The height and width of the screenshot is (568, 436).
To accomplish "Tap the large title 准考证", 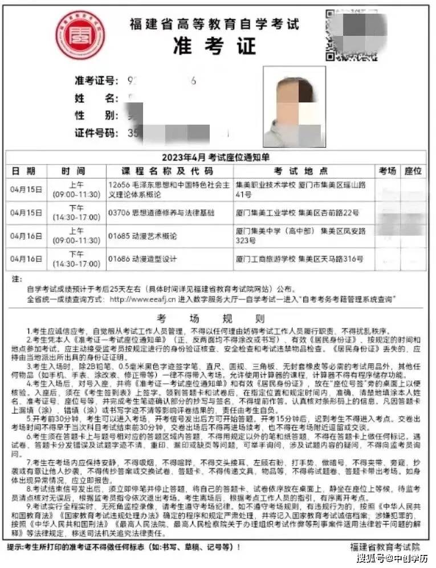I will tap(214, 45).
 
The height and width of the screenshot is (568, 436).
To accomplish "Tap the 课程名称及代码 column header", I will tap(166, 171).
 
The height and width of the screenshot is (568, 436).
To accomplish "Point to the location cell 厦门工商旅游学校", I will tap(298, 259).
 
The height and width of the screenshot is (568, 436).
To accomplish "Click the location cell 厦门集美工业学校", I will tap(296, 213).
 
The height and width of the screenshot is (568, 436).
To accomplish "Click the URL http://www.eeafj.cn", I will tap(145, 298).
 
